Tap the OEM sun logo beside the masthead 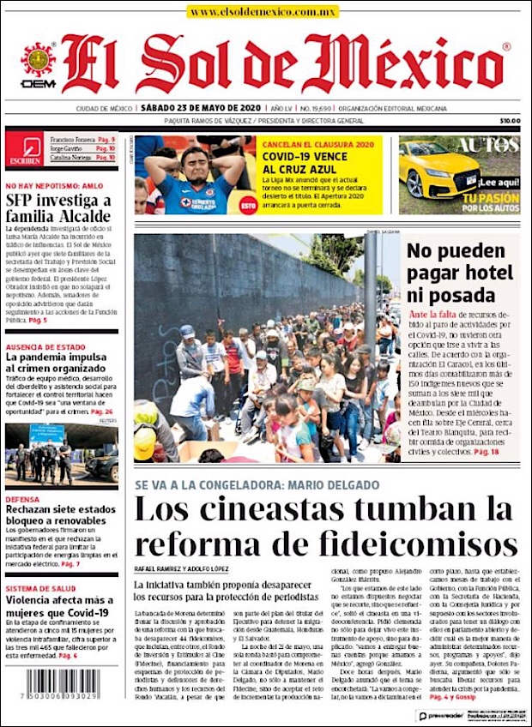(38, 61)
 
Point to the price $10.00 (510, 121)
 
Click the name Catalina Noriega (72, 158)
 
